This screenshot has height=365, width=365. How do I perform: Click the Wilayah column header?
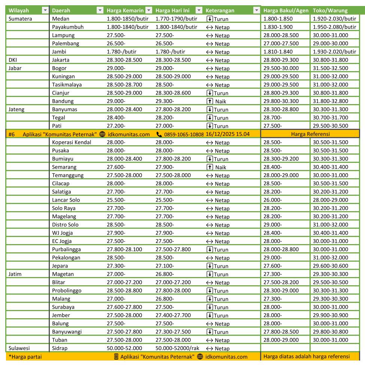[x=19, y=10]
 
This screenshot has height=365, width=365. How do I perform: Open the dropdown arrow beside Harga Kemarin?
[x=149, y=10]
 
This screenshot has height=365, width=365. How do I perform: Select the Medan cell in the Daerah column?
[x=61, y=19]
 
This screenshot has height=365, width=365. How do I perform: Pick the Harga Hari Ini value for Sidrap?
[x=177, y=348]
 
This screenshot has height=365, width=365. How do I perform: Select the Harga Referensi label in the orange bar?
[x=310, y=134]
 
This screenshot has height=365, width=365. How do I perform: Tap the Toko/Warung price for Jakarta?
[x=331, y=60]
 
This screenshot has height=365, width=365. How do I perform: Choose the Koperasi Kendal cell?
[x=72, y=142]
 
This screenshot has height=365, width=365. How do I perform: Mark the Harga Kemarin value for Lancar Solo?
[x=116, y=200]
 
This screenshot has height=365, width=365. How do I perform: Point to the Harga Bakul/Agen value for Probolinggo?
[x=281, y=291]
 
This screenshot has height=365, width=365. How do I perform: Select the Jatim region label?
[x=15, y=274]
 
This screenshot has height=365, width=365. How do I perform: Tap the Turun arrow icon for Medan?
[x=209, y=19]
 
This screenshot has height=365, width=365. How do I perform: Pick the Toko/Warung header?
[x=330, y=10]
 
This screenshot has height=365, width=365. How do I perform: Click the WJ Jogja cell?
[x=62, y=233]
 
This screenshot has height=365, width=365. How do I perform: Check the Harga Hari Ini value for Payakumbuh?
[x=176, y=27]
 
